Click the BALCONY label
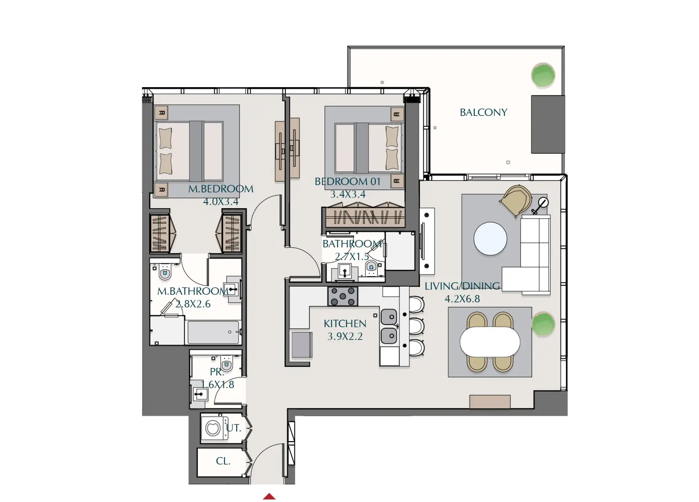point(483,112)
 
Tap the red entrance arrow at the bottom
point(269,497)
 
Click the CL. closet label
point(223,461)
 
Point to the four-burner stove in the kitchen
point(342,296)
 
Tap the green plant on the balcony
point(543,75)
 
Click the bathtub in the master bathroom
point(213,332)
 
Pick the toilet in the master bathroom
point(165,272)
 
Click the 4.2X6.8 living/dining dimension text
point(462,299)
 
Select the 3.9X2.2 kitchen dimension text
point(345,337)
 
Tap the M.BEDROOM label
point(221,189)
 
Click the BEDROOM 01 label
point(347,182)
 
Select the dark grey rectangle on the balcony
point(548,124)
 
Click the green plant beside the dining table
point(543,324)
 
